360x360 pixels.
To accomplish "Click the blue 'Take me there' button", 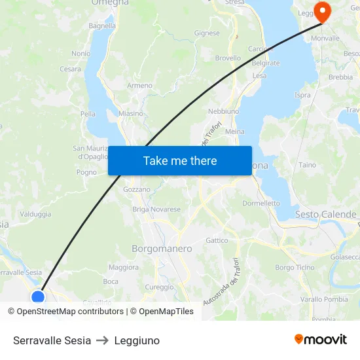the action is click(x=180, y=160).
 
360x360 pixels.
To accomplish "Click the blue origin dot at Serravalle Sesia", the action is click(x=38, y=298).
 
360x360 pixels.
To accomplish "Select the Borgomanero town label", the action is click(x=162, y=249).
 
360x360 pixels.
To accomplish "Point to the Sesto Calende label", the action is click(x=325, y=214).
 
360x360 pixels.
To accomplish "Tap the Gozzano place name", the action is click(x=137, y=189).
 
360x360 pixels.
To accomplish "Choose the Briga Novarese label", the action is click(x=156, y=209).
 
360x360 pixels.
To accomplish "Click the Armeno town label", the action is click(x=140, y=86).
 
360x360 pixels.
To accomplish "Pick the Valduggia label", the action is click(x=35, y=214).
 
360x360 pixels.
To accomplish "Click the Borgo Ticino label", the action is click(x=295, y=268).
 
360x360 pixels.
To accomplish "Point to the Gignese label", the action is click(x=207, y=33).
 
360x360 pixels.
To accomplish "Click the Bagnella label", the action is click(x=102, y=26).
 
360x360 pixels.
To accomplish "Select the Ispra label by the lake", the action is click(x=303, y=96).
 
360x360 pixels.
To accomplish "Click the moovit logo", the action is click(x=321, y=339).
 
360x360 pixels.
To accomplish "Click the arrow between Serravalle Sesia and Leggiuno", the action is click(x=103, y=340).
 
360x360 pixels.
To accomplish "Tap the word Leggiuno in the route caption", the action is click(x=137, y=340).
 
